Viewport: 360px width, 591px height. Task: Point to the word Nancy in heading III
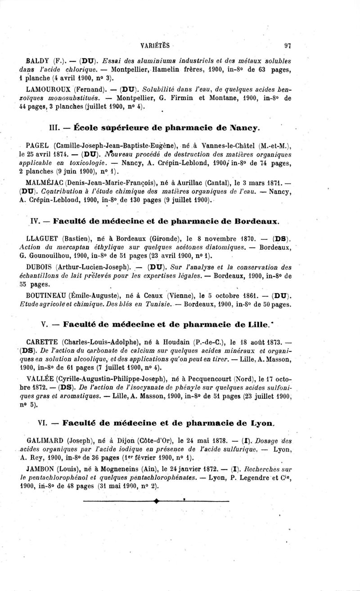[243, 127]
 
